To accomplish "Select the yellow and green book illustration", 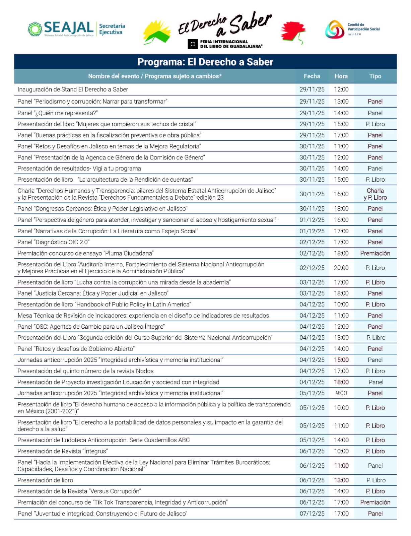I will [157, 32].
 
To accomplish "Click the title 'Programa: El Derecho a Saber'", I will [205, 62].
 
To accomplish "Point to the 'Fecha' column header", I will [312, 76].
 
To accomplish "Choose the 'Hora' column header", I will [341, 76].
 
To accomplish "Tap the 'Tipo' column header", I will [375, 76].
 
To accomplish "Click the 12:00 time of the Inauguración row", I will [341, 89].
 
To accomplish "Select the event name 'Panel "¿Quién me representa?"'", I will [58, 113].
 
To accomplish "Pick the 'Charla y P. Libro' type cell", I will [375, 194].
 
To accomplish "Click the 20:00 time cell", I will [341, 268].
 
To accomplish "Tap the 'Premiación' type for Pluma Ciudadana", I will [375, 253].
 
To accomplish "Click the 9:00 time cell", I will [341, 393].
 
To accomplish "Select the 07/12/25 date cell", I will [312, 514].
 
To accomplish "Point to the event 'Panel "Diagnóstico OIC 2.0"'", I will [54, 242].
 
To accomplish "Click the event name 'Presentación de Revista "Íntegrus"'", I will [63, 451].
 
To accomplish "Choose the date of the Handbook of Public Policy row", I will [312, 305].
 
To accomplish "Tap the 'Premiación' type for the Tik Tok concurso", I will [375, 503].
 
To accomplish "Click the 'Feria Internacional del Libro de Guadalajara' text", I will [231, 44].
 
